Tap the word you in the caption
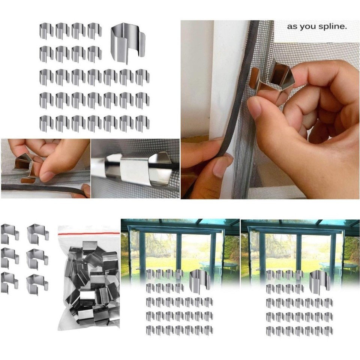[x=310, y=27]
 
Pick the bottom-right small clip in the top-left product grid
[x=142, y=123]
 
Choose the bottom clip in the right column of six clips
[x=38, y=283]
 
